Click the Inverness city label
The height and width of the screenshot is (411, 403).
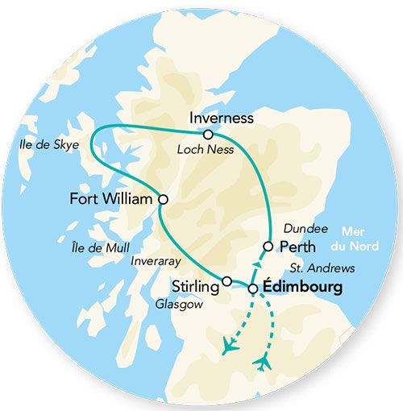(221, 118)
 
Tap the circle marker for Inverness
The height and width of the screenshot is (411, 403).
(209, 135)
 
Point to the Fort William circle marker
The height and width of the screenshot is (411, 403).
(163, 198)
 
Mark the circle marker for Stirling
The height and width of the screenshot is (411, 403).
(227, 281)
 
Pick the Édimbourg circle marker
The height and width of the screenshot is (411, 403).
(253, 288)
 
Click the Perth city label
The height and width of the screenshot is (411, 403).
(298, 246)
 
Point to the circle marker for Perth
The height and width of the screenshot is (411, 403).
(268, 245)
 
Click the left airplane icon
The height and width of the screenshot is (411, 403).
(229, 347)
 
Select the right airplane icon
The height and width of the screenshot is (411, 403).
(261, 363)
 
